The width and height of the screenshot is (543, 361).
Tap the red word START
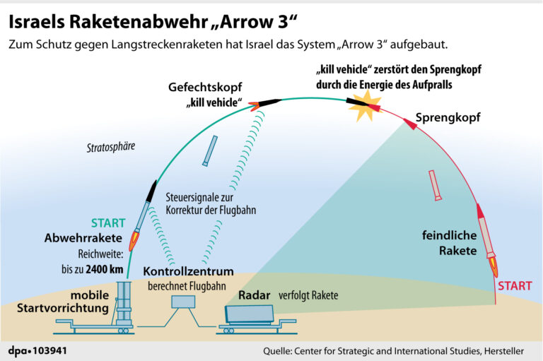coord(515,286)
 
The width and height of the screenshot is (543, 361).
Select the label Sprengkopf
coord(448,118)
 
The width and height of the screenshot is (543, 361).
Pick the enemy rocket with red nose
coord(486,239)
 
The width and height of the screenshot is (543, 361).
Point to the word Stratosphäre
coord(111,148)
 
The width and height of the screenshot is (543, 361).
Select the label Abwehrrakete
coord(84,238)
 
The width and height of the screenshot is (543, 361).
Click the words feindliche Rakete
coord(449,242)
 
